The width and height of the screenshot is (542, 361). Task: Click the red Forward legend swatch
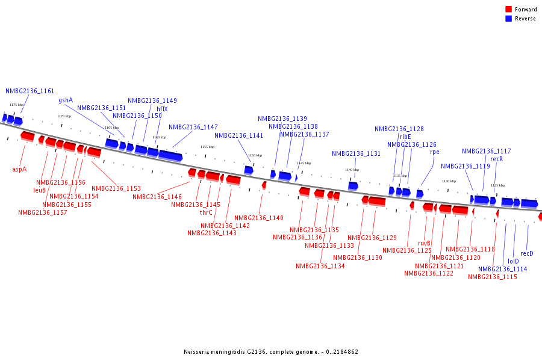[508, 9]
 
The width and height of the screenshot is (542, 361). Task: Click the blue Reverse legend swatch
[508, 19]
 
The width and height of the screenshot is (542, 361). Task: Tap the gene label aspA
[19, 169]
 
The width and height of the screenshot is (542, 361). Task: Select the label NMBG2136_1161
[30, 91]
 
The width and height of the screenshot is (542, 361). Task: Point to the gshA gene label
[66, 100]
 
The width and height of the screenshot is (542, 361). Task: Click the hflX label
[162, 109]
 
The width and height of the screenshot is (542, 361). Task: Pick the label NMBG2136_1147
[193, 127]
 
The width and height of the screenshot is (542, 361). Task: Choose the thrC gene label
[206, 212]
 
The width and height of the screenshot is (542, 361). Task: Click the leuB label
[39, 190]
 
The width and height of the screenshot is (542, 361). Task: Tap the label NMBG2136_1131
[357, 153]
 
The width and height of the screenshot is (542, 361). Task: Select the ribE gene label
[405, 137]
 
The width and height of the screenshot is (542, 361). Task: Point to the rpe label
[434, 152]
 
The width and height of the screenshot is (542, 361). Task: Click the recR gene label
[496, 159]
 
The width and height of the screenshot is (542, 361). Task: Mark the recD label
[527, 253]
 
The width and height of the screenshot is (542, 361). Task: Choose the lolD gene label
[513, 261]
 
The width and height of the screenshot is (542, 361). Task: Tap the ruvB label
[424, 243]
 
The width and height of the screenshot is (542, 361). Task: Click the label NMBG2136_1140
[259, 218]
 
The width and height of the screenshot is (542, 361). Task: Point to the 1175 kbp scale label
[17, 105]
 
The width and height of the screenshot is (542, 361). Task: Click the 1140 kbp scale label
[352, 170]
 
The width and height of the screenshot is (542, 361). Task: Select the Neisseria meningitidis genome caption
[271, 351]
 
